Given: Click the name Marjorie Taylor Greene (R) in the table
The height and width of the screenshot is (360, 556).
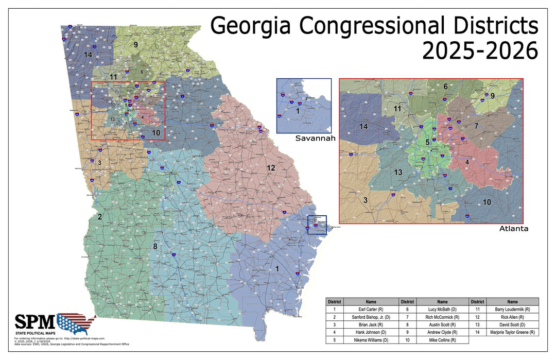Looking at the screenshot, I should click(512, 333).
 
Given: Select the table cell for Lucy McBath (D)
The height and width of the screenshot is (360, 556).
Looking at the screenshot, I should click(442, 309).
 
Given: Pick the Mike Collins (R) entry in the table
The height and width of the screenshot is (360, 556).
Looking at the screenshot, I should click(442, 340).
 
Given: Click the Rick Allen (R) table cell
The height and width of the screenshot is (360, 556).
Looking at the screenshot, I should click(512, 317).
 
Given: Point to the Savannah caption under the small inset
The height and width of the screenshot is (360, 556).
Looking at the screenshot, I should click(315, 139).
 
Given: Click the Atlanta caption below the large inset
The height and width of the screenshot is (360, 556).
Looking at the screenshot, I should click(513, 228).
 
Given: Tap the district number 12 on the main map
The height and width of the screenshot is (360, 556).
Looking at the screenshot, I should click(271, 168).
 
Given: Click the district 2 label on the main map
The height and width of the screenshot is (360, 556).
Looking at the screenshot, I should click(101, 217).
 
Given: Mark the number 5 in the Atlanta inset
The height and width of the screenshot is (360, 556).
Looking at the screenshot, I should click(427, 142).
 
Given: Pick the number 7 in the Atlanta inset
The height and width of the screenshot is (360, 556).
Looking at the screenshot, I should click(477, 126).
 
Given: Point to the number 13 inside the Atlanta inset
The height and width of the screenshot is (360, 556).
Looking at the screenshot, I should click(397, 172).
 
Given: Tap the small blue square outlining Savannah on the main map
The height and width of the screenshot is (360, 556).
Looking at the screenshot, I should click(317, 225).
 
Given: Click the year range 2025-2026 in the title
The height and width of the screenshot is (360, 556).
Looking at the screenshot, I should click(480, 50).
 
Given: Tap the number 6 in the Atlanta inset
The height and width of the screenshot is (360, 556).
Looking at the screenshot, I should click(445, 87).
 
